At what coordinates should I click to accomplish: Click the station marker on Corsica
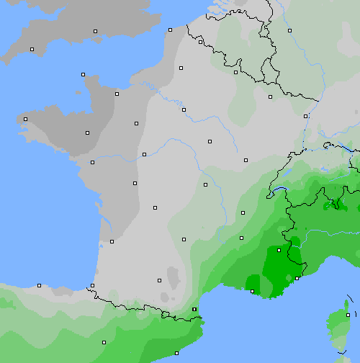click(x=348, y=315)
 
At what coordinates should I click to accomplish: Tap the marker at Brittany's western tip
click(x=26, y=119)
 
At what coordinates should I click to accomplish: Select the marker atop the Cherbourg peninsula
click(x=84, y=74)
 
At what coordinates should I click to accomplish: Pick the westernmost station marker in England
click(x=32, y=49)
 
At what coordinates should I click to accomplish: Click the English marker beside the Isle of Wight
click(x=95, y=31)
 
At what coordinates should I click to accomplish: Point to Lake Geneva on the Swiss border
click(x=282, y=191)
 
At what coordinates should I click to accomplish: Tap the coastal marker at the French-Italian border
click(x=297, y=278)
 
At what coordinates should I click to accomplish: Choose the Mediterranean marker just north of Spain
click(x=194, y=309)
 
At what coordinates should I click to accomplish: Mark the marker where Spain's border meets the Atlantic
click(x=93, y=286)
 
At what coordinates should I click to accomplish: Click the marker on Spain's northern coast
click(x=40, y=285)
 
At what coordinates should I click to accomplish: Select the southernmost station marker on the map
click(x=176, y=353)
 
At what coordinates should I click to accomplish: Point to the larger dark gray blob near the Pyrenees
click(x=172, y=276)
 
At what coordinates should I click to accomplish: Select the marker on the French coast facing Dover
click(x=170, y=30)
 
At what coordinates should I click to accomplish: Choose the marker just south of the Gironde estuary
click(x=112, y=241)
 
